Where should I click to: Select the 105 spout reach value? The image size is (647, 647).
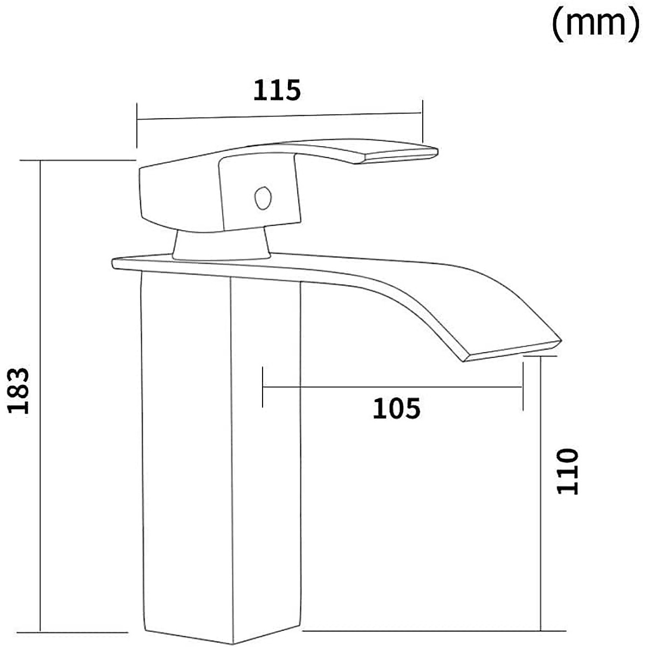point(396,409)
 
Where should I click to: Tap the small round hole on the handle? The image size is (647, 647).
point(263,197)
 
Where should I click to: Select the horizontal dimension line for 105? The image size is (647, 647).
point(392,387)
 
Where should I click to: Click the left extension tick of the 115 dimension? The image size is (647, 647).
point(137,126)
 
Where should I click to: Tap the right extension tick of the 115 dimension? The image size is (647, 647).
point(422,120)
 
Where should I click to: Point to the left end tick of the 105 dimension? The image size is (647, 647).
point(262,387)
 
